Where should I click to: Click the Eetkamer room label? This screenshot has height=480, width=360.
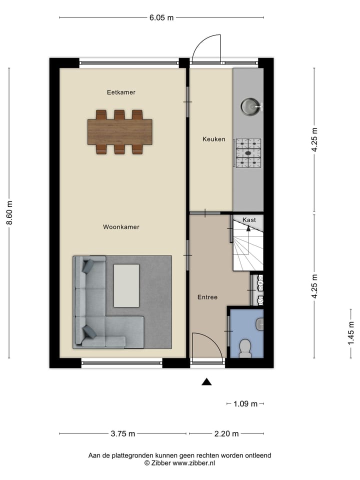pyautogui.click(x=121, y=92)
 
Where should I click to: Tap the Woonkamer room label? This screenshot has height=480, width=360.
pyautogui.click(x=121, y=227)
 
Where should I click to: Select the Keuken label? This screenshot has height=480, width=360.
pyautogui.click(x=213, y=139)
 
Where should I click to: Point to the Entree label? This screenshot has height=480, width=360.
pyautogui.click(x=207, y=297)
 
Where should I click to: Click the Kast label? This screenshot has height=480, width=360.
pyautogui.click(x=249, y=220)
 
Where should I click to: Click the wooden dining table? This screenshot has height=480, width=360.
pyautogui.click(x=120, y=132)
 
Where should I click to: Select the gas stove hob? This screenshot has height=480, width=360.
pyautogui.click(x=248, y=152)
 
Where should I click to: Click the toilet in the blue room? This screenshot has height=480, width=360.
pyautogui.click(x=245, y=348)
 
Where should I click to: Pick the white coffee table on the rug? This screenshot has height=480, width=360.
pyautogui.click(x=126, y=285)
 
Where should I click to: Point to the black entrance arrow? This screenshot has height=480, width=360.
pyautogui.click(x=206, y=382)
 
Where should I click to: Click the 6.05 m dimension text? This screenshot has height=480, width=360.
pyautogui.click(x=161, y=18)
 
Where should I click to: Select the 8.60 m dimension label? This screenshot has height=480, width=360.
pyautogui.click(x=9, y=213)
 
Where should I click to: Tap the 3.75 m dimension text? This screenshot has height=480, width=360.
pyautogui.click(x=122, y=433)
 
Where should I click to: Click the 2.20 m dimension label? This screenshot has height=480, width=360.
pyautogui.click(x=226, y=433)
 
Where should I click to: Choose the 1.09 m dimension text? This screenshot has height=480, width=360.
pyautogui.click(x=245, y=404)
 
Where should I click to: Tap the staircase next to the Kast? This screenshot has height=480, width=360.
pyautogui.click(x=247, y=247)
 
